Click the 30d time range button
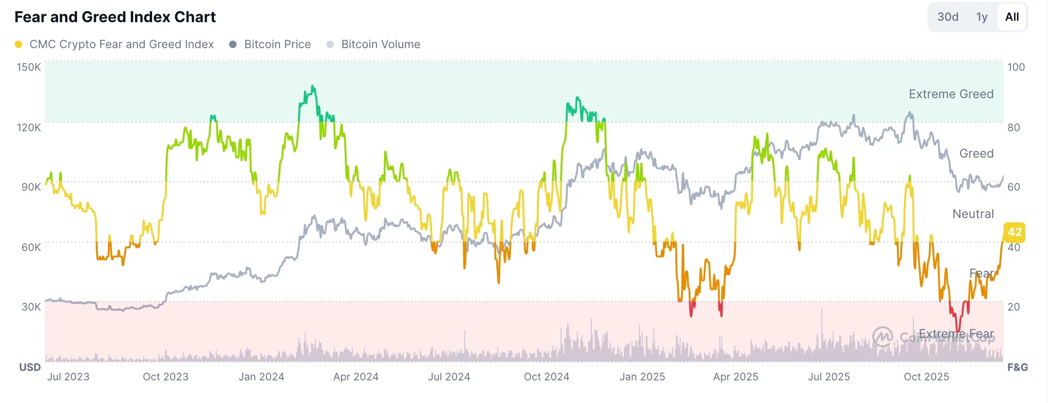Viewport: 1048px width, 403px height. (x=947, y=17)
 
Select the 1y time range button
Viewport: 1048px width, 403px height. (x=982, y=17)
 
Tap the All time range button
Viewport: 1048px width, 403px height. (x=1012, y=17)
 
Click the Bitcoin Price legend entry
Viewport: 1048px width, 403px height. (x=277, y=44)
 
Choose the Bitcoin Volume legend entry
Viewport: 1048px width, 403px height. (x=380, y=44)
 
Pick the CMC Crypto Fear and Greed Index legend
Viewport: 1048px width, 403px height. (x=121, y=44)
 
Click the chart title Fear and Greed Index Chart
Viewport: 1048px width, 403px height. (x=115, y=17)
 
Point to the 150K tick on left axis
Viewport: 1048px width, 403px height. (x=29, y=67)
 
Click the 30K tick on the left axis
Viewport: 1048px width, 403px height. (x=31, y=307)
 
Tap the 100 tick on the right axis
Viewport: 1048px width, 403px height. (x=1016, y=67)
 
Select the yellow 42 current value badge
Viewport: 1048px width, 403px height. (x=1014, y=232)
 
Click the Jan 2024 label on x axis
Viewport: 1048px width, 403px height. (x=261, y=377)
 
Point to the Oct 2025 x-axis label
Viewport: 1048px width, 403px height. (x=926, y=377)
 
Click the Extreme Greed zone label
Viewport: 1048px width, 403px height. (x=951, y=94)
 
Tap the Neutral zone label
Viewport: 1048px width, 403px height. (x=973, y=214)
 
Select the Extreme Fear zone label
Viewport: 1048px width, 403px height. (x=956, y=334)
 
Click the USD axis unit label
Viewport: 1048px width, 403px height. (x=30, y=367)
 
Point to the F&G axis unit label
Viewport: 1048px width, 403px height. (x=1017, y=367)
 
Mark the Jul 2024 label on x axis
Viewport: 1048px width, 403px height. (x=449, y=377)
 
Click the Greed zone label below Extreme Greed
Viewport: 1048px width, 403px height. (x=976, y=153)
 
